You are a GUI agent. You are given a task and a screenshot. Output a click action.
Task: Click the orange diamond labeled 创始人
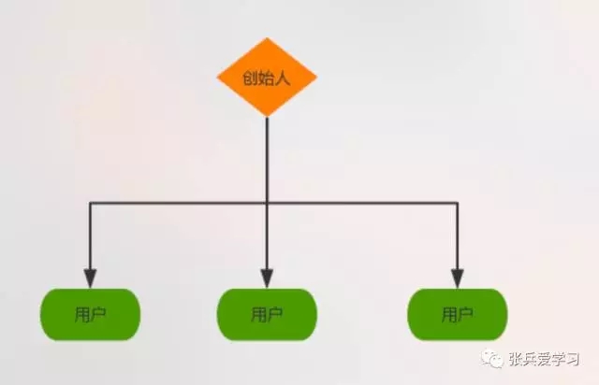coord(267,77)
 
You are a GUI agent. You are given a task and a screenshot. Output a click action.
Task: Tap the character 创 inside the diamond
coord(250,78)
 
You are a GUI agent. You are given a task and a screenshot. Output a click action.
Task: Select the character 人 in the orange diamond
coord(283,78)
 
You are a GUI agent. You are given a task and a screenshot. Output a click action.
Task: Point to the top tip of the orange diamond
coord(267,37)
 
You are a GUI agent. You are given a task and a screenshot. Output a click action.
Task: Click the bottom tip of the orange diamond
coord(267,117)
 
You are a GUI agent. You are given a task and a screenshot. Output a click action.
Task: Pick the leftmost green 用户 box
coord(90,314)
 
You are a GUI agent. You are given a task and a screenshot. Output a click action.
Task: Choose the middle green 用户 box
coord(267,314)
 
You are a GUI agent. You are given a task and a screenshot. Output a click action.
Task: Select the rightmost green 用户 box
coord(458,314)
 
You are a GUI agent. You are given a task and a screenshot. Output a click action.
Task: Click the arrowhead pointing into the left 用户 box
coord(90,278)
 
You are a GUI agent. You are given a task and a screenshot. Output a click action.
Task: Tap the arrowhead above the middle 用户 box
coord(267,278)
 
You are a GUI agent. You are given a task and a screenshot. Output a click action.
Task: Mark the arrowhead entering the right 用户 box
coord(458,278)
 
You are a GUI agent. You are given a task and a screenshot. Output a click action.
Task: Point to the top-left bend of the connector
coord(90,203)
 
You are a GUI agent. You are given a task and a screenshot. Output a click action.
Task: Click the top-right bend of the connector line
coord(458,203)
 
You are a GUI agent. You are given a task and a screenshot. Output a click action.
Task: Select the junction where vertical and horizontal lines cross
coord(267,203)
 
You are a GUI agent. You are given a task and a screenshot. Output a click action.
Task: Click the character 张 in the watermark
coord(516,359)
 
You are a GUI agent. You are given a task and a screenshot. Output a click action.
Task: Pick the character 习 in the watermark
coord(572,359)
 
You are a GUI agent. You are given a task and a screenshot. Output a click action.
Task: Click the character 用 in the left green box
coord(81,315)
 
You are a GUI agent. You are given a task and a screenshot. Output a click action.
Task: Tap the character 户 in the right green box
coord(466,315)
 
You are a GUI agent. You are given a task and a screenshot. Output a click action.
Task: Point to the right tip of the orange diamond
coord(316,77)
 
